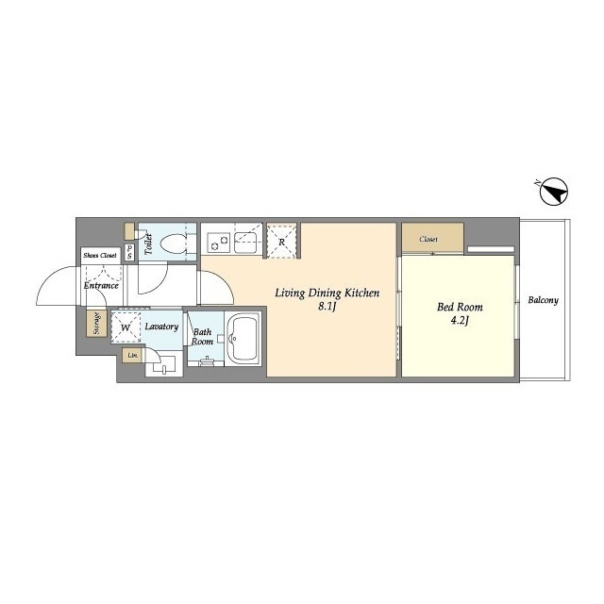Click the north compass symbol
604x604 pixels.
pos(554,192)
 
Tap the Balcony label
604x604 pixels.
pos(543,300)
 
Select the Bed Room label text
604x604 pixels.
pos(460,307)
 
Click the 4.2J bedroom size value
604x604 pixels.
pos(460,321)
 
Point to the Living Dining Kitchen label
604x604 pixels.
pos(327,294)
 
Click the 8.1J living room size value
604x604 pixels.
pos(327,307)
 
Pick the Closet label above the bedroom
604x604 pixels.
pos(428,239)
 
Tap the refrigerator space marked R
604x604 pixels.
pos(281,242)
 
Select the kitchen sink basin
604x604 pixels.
pos(244,243)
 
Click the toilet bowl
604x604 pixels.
pos(173,243)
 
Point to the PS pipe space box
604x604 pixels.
pos(129,252)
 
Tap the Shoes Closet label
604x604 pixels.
pos(100,256)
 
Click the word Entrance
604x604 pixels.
pos(101,285)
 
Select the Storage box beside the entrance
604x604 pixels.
pos(96,323)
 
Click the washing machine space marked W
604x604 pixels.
pos(126,327)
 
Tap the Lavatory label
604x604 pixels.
pos(161,327)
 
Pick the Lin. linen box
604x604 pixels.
pos(132,355)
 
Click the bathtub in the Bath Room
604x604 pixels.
pos(243,338)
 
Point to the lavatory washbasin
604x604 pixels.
pos(164,365)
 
